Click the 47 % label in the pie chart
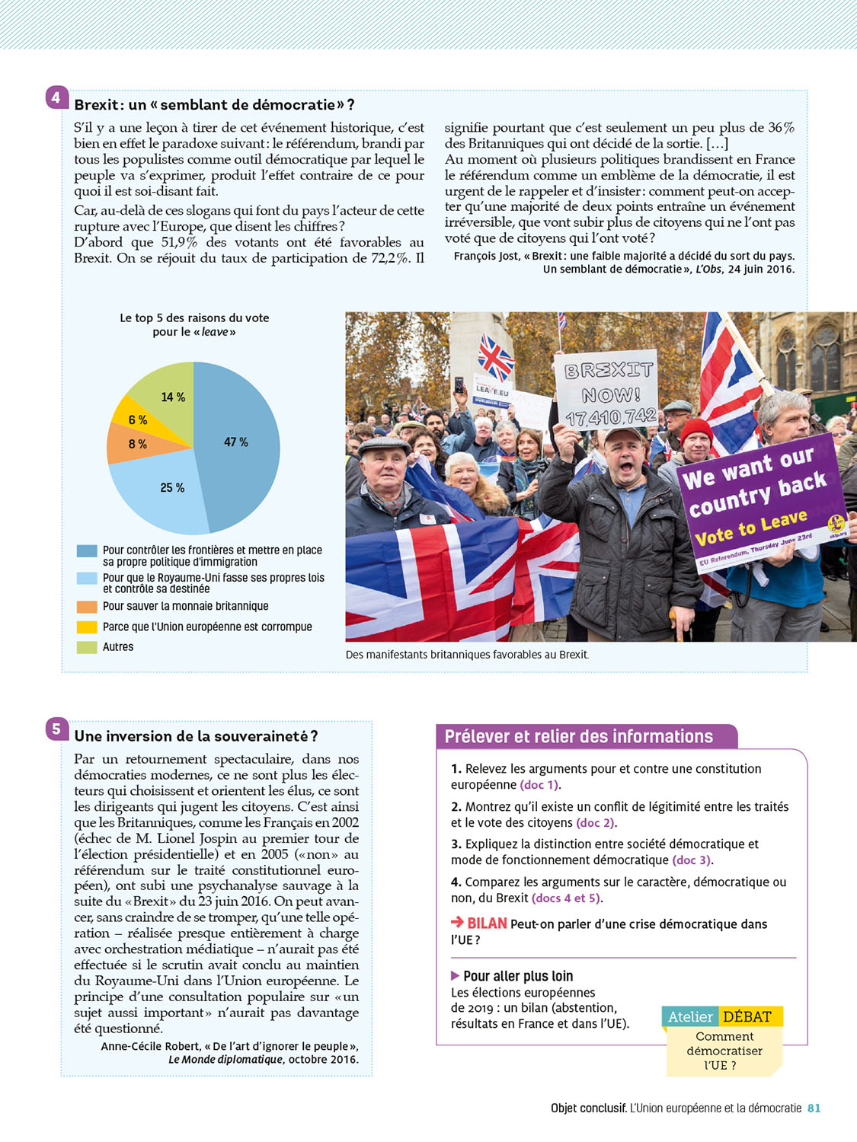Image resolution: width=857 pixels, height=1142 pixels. coord(236,442)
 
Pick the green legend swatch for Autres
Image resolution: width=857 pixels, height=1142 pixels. coord(87,647)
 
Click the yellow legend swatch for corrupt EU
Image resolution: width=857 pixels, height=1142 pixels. coord(87,627)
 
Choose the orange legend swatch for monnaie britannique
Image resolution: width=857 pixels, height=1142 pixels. coord(87,607)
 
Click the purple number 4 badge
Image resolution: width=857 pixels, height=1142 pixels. coord(56,97)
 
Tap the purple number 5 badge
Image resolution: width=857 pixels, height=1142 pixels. coord(56,729)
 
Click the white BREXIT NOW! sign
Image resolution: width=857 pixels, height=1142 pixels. coord(608,388)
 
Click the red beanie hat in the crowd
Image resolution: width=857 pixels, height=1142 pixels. coord(696,429)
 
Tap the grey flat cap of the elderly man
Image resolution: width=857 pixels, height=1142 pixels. coord(385,444)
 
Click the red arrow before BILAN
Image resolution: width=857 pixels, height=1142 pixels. coord(457,922)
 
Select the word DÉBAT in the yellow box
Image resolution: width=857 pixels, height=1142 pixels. coord(747,1017)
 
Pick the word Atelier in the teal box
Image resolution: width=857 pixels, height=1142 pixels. coord(690,1017)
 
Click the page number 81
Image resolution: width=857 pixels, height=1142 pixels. coord(814,1109)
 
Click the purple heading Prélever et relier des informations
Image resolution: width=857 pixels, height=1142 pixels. coord(579,737)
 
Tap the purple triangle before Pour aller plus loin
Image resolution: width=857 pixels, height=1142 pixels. coord(455,976)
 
